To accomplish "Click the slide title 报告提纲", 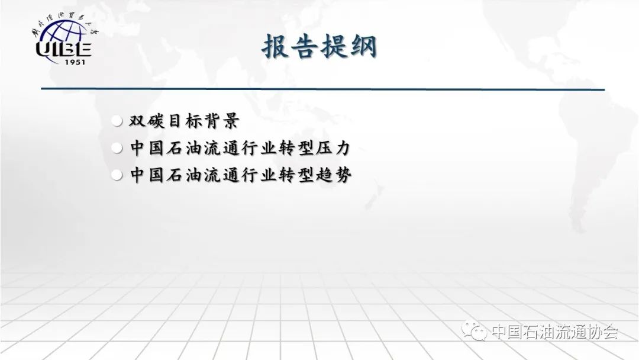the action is pos(319,46).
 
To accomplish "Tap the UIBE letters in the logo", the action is pos(63,49).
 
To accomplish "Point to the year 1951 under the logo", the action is pos(75,62).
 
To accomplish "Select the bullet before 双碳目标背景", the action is pos(117,121).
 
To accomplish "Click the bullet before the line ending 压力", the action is pos(117,148).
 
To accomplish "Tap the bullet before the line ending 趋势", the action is pos(117,175).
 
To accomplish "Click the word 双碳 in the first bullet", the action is pos(147,121).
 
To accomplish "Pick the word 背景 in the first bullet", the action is pos(222,121).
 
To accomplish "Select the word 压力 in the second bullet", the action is pos(333,147).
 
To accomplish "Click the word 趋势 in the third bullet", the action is pos(333,175).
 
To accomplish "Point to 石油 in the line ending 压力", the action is pos(184,147).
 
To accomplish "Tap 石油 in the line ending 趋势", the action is pos(184,175).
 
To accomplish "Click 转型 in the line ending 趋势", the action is pos(296,175).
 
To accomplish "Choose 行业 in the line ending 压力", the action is pos(259,147).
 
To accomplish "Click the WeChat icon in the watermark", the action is pos(474,330).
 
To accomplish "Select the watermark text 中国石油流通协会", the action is pos(554,332).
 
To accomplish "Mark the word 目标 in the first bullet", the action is pos(184,121).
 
